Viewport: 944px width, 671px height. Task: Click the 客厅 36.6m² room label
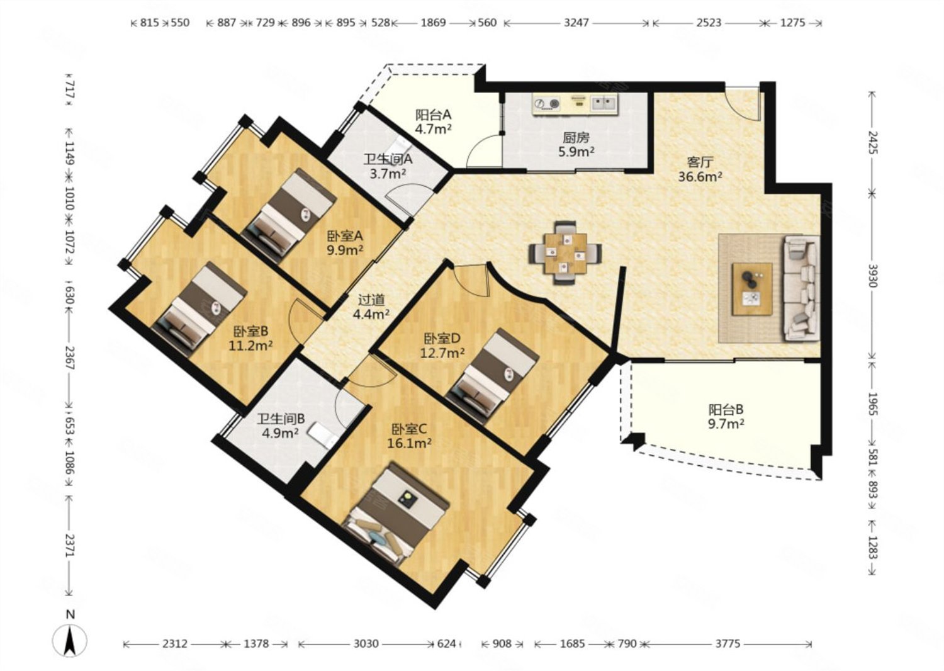(x=700, y=169)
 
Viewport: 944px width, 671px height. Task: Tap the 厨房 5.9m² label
(x=576, y=145)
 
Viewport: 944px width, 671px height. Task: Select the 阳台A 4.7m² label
(x=433, y=121)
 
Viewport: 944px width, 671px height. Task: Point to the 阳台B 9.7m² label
(x=726, y=417)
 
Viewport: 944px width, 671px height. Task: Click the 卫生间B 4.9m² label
(x=281, y=426)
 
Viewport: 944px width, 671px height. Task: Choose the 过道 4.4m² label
(x=371, y=307)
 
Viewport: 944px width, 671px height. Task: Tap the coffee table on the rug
(x=752, y=289)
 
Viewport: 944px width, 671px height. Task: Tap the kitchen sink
(x=604, y=103)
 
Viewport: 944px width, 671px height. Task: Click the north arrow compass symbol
(x=70, y=640)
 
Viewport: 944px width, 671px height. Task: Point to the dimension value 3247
(x=576, y=23)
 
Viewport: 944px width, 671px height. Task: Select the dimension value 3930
(x=872, y=276)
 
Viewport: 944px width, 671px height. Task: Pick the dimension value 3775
(x=728, y=643)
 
